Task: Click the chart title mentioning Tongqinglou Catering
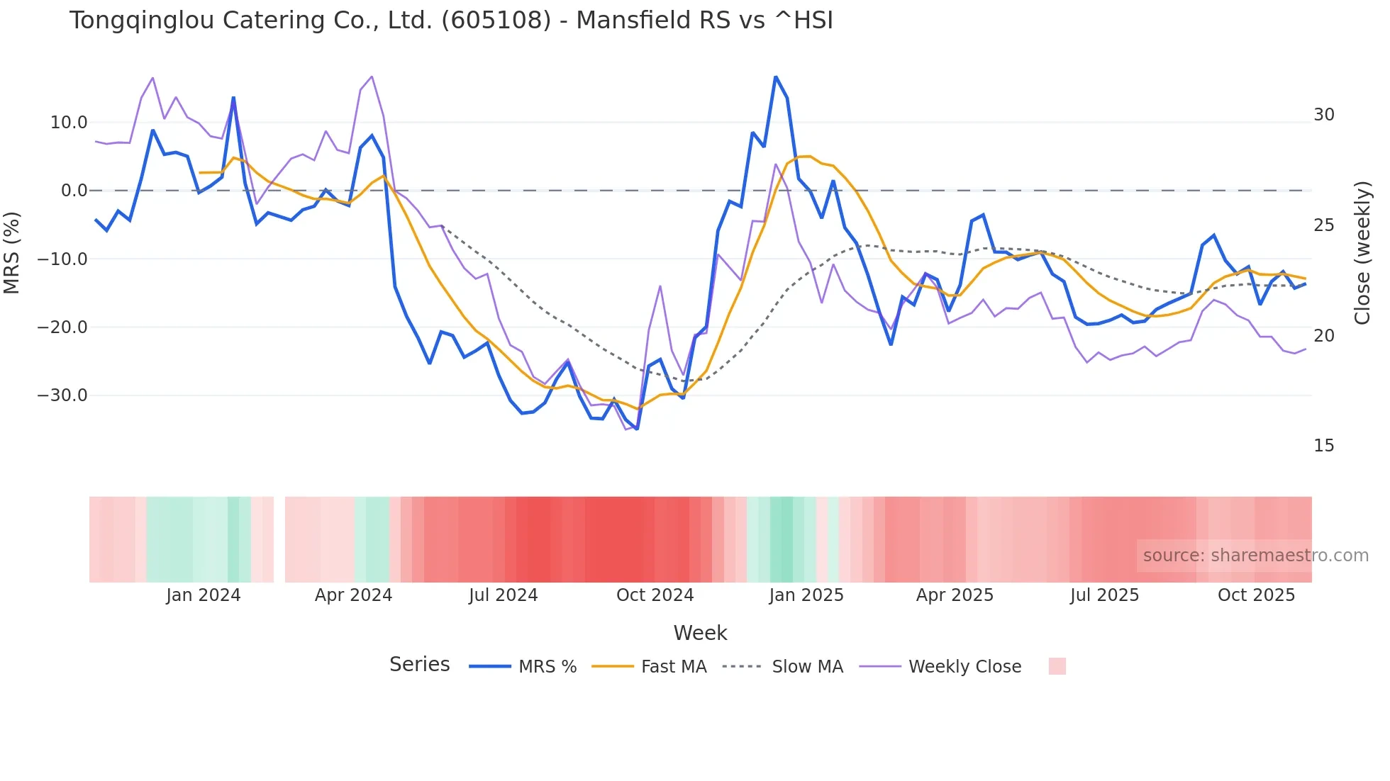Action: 451,21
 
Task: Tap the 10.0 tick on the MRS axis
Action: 69,123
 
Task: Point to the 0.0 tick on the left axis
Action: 74,191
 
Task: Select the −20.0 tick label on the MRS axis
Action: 62,327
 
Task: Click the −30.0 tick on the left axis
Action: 62,395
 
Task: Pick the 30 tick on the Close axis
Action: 1324,115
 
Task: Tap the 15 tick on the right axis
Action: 1324,446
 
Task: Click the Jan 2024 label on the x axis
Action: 204,595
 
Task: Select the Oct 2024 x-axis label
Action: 655,595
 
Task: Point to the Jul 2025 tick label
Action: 1104,595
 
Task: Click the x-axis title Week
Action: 700,633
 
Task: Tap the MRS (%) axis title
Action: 12,253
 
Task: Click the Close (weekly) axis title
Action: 1362,253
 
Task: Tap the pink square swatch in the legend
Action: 1057,666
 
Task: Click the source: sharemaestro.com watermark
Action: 1255,556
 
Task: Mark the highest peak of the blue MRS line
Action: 776,77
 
